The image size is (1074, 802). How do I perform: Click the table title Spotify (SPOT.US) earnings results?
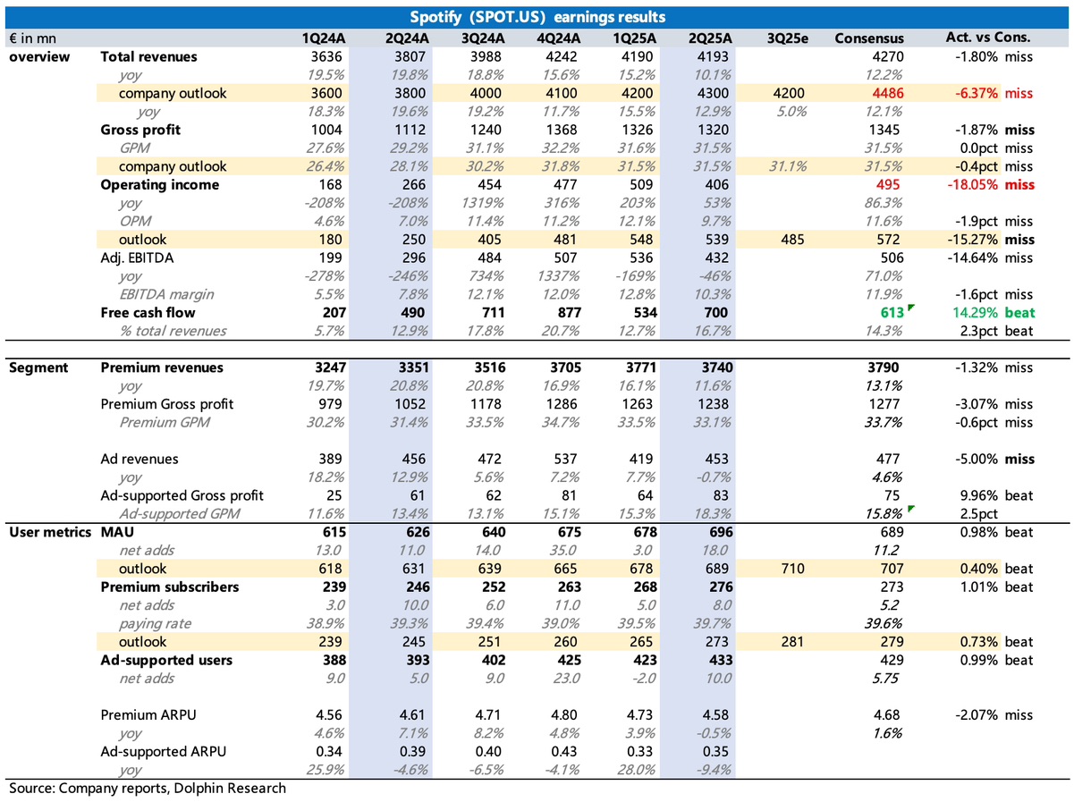tap(537, 17)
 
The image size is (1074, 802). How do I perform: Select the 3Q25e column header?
tap(787, 38)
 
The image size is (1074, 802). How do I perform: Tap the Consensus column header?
tap(869, 38)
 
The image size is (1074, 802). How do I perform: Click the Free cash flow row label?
tap(148, 313)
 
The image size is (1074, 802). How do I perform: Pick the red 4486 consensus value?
tap(888, 93)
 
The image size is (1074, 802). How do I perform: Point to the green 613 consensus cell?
tap(892, 313)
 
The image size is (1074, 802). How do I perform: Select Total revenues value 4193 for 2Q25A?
tap(713, 56)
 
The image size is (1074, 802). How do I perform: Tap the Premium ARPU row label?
tap(148, 715)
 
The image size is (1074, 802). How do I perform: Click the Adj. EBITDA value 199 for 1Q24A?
tap(330, 257)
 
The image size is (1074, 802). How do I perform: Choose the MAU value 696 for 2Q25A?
tap(721, 532)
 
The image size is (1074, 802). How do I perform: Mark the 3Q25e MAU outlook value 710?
tap(792, 569)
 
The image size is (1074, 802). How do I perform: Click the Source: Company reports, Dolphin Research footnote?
tap(148, 789)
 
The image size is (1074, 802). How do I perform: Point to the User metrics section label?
tap(50, 532)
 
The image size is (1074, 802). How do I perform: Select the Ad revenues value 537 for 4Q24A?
tap(565, 459)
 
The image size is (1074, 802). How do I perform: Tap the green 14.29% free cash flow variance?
tap(975, 313)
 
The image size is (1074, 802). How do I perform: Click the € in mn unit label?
tap(33, 38)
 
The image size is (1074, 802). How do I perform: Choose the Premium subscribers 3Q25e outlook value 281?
tap(792, 642)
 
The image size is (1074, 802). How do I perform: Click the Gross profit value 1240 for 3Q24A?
tap(486, 130)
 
